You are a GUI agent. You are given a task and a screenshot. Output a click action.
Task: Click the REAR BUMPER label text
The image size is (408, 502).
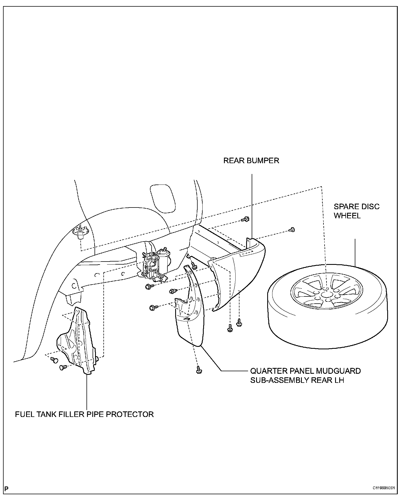[251, 161]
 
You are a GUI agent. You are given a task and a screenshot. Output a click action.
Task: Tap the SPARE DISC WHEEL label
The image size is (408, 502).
[356, 211]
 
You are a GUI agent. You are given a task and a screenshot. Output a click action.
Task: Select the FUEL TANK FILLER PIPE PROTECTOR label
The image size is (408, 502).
[84, 414]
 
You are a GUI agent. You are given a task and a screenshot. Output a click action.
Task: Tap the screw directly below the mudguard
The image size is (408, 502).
[198, 370]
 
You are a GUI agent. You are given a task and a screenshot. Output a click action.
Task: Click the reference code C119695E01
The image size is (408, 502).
[383, 488]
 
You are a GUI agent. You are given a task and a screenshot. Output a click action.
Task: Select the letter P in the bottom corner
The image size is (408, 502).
[6, 488]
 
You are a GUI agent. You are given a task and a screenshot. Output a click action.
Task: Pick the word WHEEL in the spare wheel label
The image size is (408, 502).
[347, 216]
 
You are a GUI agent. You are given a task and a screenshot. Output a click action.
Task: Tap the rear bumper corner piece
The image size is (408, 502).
[238, 272]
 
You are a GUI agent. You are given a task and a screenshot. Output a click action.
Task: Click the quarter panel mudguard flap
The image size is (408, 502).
[190, 319]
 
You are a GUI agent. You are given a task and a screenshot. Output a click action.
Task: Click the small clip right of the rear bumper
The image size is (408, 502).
[292, 229]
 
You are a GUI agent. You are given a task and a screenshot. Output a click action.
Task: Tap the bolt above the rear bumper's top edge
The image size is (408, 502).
[245, 219]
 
